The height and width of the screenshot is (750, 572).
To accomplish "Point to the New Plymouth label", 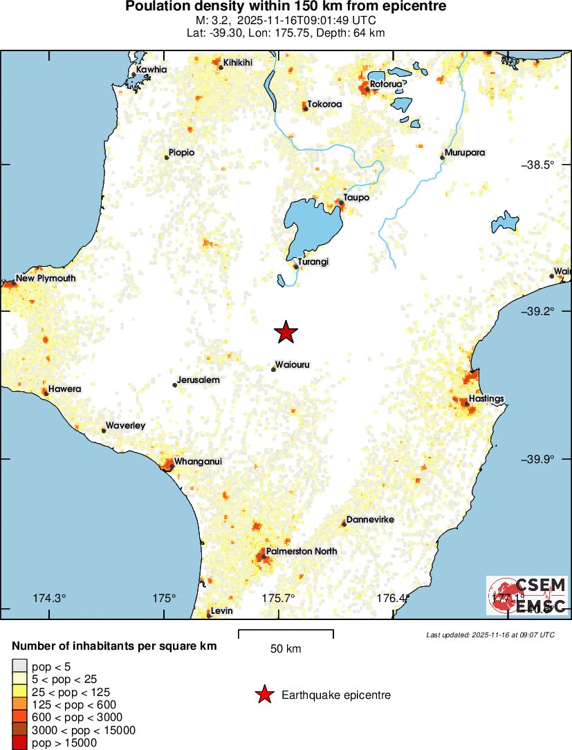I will (46, 279).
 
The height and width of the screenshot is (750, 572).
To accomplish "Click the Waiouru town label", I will (292, 364).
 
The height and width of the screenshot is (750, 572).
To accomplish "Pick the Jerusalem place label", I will (198, 380).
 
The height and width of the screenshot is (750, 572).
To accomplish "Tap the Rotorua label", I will (385, 84).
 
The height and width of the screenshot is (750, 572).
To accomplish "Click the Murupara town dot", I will (442, 158).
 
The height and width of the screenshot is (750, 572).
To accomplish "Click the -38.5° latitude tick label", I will (537, 165).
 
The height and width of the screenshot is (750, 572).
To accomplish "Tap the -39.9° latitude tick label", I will (537, 459).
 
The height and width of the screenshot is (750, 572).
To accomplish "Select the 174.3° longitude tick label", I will (49, 598).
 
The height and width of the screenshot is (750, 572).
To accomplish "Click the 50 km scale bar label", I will (286, 648).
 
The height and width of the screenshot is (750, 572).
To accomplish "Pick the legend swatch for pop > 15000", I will (19, 743).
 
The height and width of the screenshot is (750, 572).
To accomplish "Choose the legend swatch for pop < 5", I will (19, 666).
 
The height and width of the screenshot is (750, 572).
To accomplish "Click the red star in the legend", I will (264, 695).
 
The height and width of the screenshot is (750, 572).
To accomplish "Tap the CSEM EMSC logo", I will (527, 596).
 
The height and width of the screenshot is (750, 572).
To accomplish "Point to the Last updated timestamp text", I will (490, 635).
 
